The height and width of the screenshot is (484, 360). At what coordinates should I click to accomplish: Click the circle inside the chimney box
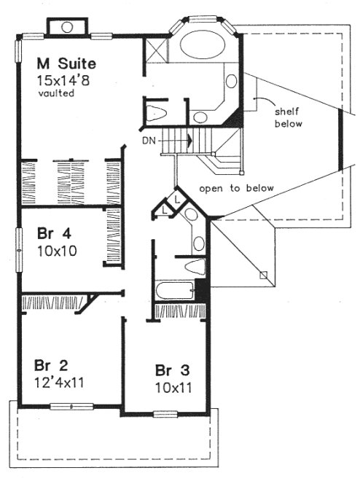click(68, 27)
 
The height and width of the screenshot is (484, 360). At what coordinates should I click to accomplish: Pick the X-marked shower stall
click(157, 50)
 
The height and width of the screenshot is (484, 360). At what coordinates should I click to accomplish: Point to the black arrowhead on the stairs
click(189, 138)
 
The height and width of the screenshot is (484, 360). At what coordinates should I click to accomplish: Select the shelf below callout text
click(287, 117)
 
